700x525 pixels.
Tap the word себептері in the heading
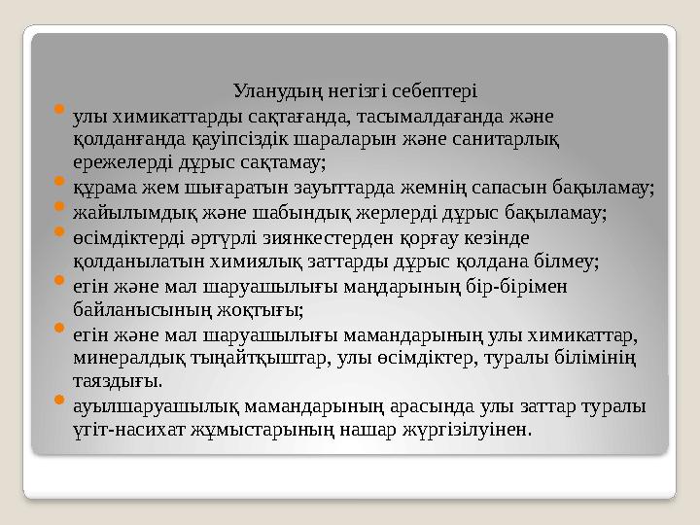point(435,93)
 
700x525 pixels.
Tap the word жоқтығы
point(264,310)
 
